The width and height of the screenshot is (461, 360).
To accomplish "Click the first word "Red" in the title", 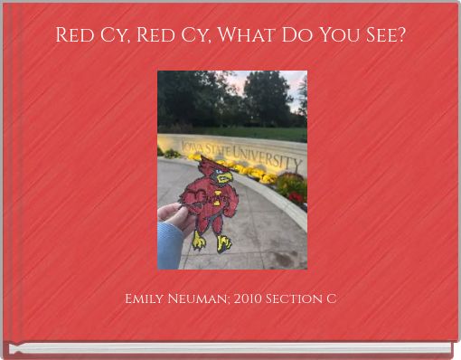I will point(76,35).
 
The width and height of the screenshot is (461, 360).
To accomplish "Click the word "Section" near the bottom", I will point(297,298).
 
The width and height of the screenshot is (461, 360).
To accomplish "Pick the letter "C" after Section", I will point(332,298).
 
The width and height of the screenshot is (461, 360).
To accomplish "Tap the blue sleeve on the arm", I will point(168,246).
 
